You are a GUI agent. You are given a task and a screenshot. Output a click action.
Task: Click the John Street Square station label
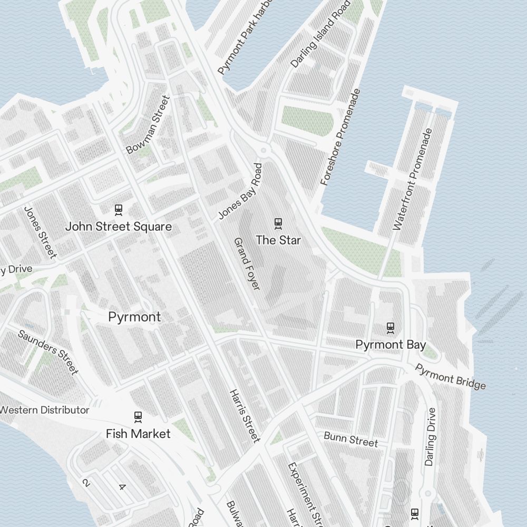[x=118, y=227]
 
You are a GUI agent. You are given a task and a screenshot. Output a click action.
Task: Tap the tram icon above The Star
[x=278, y=223]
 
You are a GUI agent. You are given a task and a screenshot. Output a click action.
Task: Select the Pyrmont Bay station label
[x=390, y=345]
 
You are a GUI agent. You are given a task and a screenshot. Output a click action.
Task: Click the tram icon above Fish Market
[x=138, y=416]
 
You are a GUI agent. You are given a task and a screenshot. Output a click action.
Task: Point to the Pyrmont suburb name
[x=134, y=317]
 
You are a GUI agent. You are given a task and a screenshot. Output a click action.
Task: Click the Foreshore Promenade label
[x=340, y=137]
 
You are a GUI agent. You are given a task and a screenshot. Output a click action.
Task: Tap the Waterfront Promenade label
[x=413, y=179]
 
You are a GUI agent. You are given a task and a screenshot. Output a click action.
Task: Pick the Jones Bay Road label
[x=241, y=191]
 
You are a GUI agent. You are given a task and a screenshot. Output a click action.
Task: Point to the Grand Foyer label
[x=247, y=263]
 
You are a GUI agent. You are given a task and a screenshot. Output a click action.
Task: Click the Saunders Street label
[x=48, y=352]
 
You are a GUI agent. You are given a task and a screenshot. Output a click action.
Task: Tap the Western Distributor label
[x=44, y=410]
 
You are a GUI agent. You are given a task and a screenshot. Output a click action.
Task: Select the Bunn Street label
[x=350, y=439]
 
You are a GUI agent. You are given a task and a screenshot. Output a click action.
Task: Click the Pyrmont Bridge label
[x=451, y=377]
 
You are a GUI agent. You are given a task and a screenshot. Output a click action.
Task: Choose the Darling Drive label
[x=431, y=436]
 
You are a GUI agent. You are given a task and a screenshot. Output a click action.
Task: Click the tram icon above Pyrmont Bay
[x=390, y=328]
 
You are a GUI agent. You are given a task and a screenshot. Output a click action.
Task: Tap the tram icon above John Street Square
[x=119, y=210]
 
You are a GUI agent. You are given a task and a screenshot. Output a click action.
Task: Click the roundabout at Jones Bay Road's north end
[x=265, y=151]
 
